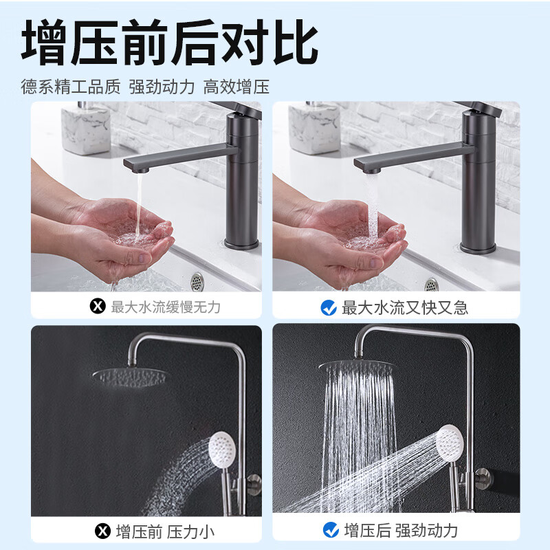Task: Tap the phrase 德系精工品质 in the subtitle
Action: pos(71,87)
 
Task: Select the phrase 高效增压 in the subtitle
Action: pos(236,87)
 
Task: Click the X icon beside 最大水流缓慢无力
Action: pos(98,307)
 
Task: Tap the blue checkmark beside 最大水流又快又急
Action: pos(329,307)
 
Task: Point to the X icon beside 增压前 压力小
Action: pos(102,530)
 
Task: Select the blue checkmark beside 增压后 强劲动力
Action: pos(331,530)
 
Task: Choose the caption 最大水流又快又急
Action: pos(405,307)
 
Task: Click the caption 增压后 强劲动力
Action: pos(401,530)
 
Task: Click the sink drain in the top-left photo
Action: pos(197,280)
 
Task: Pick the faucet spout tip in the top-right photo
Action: pos(366,164)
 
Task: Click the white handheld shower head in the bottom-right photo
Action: pos(451,441)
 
